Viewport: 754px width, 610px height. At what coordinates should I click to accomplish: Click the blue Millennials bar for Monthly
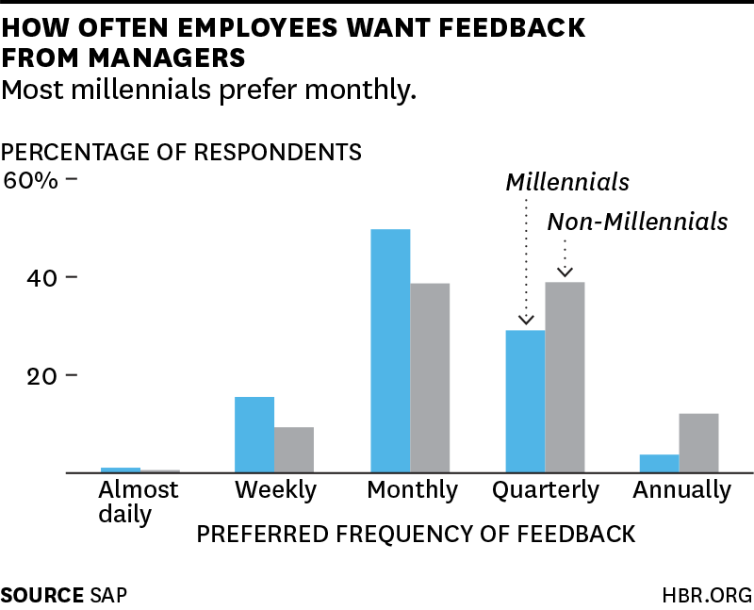point(390,351)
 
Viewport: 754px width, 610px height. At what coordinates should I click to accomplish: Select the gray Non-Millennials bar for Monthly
point(430,377)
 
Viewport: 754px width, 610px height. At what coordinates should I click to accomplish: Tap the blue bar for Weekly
point(254,435)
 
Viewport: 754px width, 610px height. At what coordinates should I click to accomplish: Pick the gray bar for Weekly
point(294,450)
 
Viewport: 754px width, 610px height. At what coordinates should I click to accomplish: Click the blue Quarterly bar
point(525,401)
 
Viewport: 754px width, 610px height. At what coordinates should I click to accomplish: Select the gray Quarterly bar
point(565,377)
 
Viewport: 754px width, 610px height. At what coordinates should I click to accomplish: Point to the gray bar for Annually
point(698,443)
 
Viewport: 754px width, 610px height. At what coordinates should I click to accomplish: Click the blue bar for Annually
point(660,463)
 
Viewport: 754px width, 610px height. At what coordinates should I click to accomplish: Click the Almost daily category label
point(138,503)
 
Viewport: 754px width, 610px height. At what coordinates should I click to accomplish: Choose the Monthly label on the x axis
point(412,490)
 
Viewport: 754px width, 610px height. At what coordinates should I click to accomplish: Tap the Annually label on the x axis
point(681,490)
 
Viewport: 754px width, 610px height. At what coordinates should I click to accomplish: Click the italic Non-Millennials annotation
point(638,222)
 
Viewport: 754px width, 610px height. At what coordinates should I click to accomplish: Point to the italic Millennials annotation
point(566,181)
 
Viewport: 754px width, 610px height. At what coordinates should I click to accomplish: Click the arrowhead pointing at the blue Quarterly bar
point(525,320)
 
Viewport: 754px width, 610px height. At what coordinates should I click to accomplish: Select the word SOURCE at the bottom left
point(41,595)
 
